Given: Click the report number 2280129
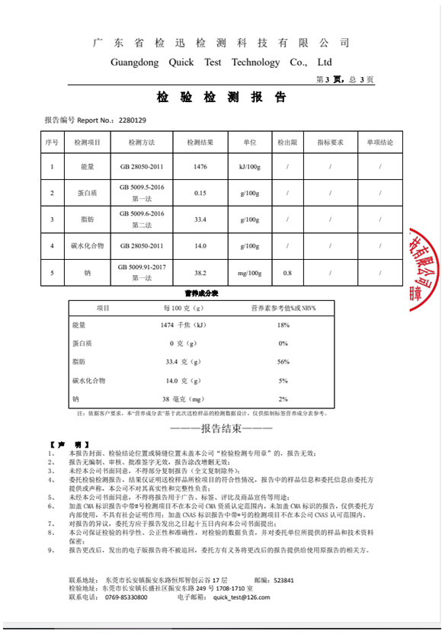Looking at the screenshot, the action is pyautogui.click(x=133, y=120).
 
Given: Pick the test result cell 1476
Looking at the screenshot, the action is pyautogui.click(x=200, y=166).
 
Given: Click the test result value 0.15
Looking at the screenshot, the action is pyautogui.click(x=200, y=193).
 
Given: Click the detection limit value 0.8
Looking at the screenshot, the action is pyautogui.click(x=287, y=272).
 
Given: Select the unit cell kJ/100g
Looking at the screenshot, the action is pyautogui.click(x=250, y=166).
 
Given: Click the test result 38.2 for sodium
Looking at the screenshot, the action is pyautogui.click(x=200, y=272).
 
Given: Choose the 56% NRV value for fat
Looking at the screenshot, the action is pyautogui.click(x=283, y=361).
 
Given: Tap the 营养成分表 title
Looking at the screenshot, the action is pyautogui.click(x=202, y=293).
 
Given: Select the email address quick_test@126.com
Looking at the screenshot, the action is pyautogui.click(x=242, y=598).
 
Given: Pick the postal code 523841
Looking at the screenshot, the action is pyautogui.click(x=283, y=580).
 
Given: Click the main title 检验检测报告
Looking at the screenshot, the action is pyautogui.click(x=221, y=98).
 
